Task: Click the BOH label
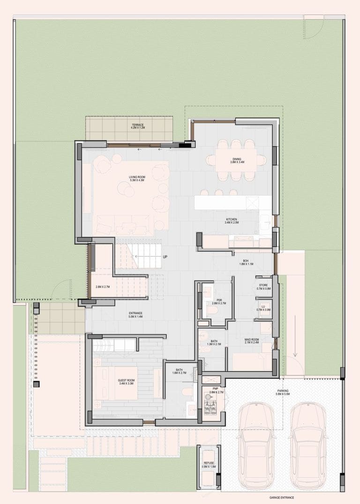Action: click(246, 262)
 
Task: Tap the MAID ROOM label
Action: click(252, 340)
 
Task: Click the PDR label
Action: click(219, 301)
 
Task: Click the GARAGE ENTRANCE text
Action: click(282, 498)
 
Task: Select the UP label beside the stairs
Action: click(165, 257)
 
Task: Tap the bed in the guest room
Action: click(115, 382)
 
